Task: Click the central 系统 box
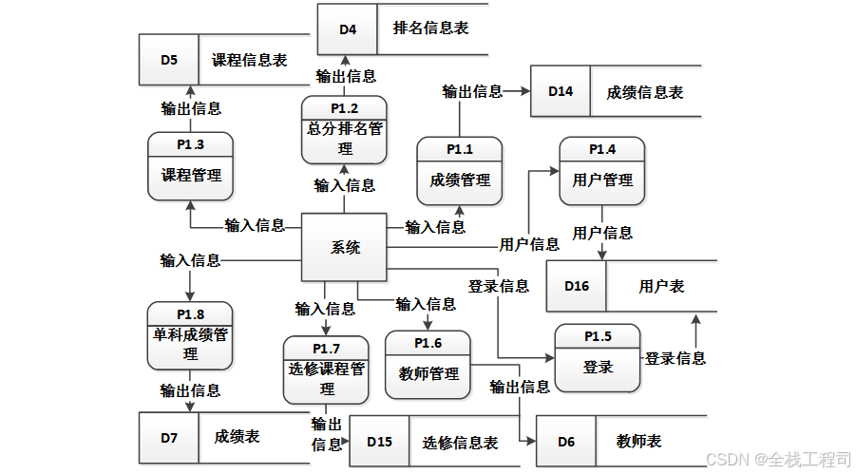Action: (344, 248)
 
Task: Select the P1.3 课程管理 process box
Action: (191, 166)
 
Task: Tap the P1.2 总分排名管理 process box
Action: (345, 130)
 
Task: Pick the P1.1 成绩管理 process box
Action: (460, 170)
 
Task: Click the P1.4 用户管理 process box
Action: (601, 170)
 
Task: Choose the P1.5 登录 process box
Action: (598, 358)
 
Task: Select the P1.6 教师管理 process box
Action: (428, 364)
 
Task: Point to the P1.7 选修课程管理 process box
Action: (326, 370)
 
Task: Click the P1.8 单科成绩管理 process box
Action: (190, 335)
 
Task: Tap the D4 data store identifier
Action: (348, 29)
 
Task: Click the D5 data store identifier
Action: (168, 59)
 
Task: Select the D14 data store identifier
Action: (561, 91)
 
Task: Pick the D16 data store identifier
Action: (577, 286)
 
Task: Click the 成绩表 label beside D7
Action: (237, 437)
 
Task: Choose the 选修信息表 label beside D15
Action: (460, 443)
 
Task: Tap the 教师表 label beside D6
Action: (638, 442)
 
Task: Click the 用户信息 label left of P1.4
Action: (529, 244)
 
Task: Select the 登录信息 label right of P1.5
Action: (675, 358)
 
